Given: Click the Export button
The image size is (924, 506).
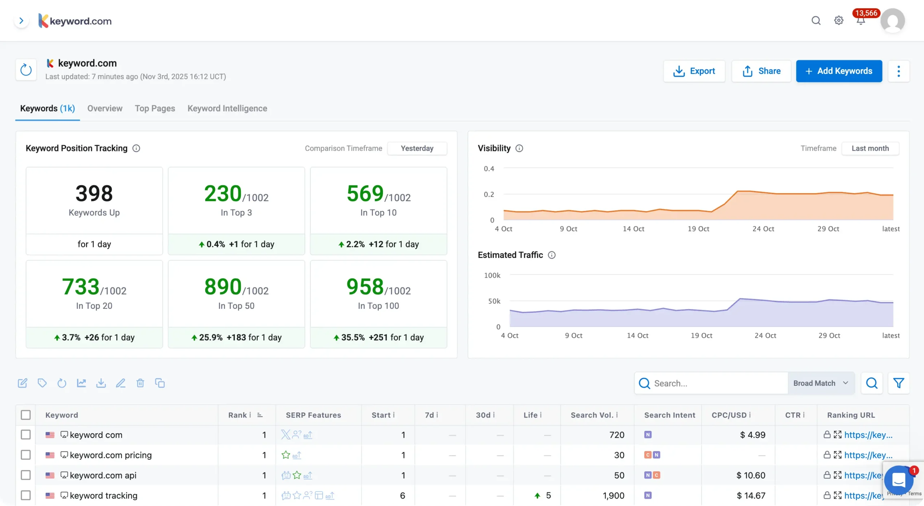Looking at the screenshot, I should (x=694, y=71).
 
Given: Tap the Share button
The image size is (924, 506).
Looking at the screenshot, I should (x=761, y=71).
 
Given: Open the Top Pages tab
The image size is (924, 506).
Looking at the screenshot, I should (x=155, y=108).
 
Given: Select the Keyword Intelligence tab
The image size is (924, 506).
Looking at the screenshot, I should (x=227, y=108).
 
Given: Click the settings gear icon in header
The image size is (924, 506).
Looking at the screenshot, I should (x=838, y=21).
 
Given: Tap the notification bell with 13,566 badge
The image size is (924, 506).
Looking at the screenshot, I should (x=861, y=21).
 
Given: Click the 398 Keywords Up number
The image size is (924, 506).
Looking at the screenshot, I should (x=94, y=193).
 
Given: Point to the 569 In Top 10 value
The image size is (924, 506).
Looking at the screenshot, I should (x=365, y=193).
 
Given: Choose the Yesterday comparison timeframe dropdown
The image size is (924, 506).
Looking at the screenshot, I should (x=417, y=148).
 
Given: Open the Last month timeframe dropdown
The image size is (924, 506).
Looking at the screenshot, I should (x=870, y=148).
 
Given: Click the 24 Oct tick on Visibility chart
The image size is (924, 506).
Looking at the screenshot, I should (x=763, y=229).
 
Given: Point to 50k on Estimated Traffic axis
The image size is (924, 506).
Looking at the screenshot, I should (x=494, y=301).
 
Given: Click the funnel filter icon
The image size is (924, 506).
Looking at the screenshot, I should (x=898, y=383).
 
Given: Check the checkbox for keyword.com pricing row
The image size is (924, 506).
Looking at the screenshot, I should (x=26, y=455).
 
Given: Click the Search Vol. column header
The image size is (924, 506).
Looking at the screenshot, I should (x=592, y=415).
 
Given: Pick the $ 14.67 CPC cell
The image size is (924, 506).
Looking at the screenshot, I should (x=751, y=496).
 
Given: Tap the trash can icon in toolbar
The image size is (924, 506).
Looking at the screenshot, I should (x=140, y=383).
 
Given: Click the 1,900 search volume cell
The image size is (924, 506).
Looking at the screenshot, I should (x=613, y=496).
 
